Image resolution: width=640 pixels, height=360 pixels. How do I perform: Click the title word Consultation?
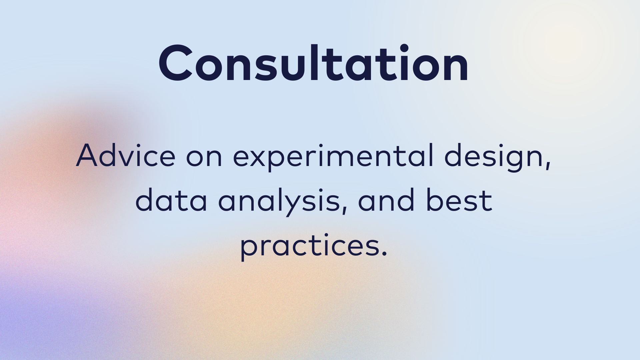tap(314, 63)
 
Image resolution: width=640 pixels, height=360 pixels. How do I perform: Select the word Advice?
tap(126, 155)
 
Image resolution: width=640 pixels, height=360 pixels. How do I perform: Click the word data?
tap(171, 200)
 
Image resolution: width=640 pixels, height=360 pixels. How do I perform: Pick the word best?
tap(459, 200)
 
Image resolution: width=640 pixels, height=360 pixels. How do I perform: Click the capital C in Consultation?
tap(176, 63)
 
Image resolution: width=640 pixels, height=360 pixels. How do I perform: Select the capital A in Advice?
tap(88, 156)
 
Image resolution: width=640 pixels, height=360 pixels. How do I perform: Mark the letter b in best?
tap(434, 200)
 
